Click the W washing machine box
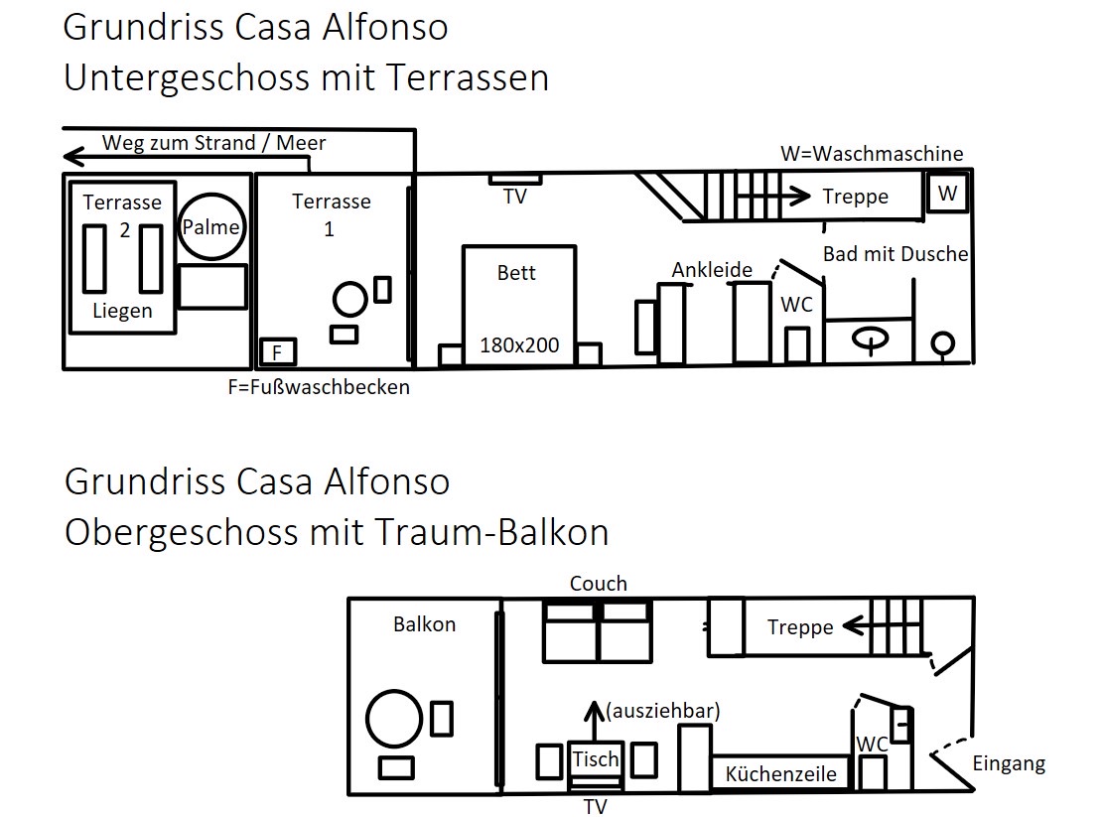pos(947,193)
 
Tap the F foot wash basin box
pos(277,351)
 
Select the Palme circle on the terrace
pos(211,226)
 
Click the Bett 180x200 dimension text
pos(519,345)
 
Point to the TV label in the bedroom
pos(514,197)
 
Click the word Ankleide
pos(712,270)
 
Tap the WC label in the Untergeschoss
pos(796,304)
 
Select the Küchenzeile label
pos(780,774)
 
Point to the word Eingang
pos(1009,763)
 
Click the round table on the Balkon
pos(394,719)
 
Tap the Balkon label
pos(425,624)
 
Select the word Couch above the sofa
pos(598,583)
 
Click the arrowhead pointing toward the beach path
pos(73,157)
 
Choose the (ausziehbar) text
pos(662,711)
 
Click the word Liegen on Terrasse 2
pos(122,311)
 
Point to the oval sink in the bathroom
pos(871,339)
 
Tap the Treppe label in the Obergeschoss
pos(800,626)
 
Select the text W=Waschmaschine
pos(872,154)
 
